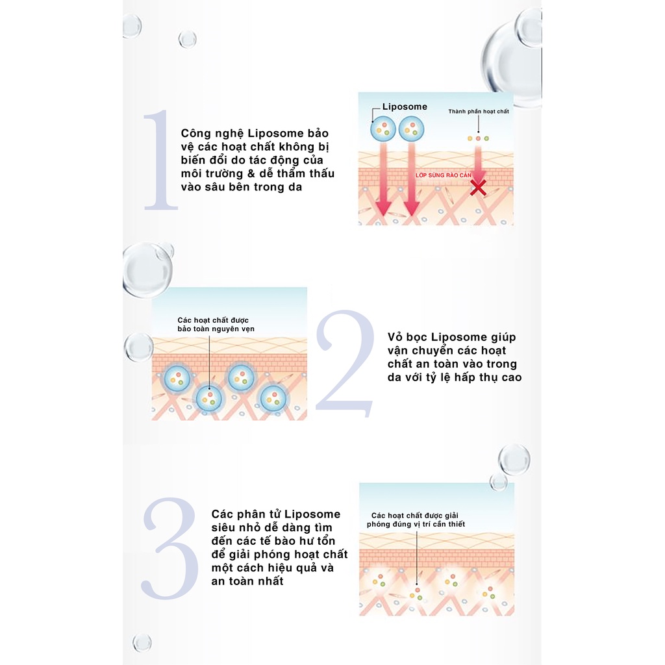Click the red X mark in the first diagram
478,188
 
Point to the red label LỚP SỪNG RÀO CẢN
443,175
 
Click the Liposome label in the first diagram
405,107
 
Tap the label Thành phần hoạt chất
479,111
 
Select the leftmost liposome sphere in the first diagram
383,129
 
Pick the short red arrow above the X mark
479,163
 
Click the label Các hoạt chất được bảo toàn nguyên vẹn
216,325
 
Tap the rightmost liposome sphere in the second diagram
273,399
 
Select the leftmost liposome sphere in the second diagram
177,379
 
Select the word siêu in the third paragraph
223,527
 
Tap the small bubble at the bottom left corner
142,643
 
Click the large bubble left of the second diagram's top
147,269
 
